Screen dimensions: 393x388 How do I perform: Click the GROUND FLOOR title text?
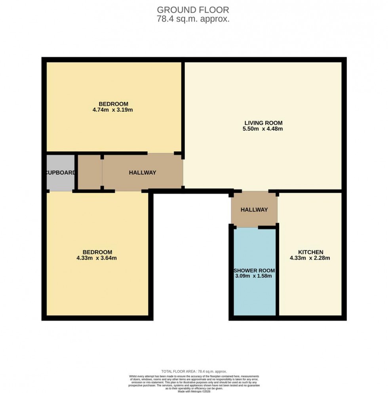(193, 10)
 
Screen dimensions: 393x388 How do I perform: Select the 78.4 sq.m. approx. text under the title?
(193, 19)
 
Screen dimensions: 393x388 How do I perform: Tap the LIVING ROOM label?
(263, 123)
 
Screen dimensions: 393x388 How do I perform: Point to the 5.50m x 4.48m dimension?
(263, 129)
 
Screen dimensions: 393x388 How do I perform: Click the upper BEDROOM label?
(114, 104)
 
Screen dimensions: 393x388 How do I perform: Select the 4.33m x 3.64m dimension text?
(97, 258)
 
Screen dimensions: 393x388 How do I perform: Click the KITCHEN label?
(310, 252)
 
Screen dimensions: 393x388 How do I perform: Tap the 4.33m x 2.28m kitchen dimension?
(310, 258)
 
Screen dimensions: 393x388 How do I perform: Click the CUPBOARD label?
(60, 173)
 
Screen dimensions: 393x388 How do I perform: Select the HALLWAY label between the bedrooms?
(142, 173)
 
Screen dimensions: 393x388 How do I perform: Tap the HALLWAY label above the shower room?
(254, 210)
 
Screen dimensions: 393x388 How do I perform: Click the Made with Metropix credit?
(193, 391)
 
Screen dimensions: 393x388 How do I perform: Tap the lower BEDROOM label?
(97, 252)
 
